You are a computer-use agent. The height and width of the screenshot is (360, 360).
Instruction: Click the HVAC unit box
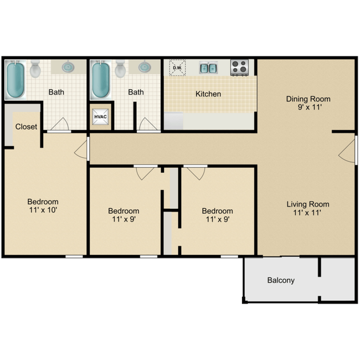(x=100, y=117)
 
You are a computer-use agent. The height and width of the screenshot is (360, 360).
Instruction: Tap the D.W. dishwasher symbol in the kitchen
(x=177, y=68)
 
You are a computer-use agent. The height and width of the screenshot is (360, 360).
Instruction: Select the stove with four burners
(x=239, y=68)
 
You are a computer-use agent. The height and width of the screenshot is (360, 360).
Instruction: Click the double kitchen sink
(x=208, y=68)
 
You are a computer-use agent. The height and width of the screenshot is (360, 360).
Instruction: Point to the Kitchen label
(x=208, y=94)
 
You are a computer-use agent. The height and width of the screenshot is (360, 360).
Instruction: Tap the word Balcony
(x=281, y=280)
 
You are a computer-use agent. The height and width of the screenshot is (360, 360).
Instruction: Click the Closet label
(x=26, y=126)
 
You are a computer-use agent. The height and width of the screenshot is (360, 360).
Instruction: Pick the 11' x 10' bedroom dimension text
(x=43, y=210)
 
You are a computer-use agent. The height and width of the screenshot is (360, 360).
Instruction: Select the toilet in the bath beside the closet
(x=35, y=69)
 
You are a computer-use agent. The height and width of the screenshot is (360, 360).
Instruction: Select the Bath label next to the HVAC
(x=136, y=92)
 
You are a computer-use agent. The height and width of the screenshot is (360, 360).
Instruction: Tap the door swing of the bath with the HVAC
(x=146, y=124)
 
